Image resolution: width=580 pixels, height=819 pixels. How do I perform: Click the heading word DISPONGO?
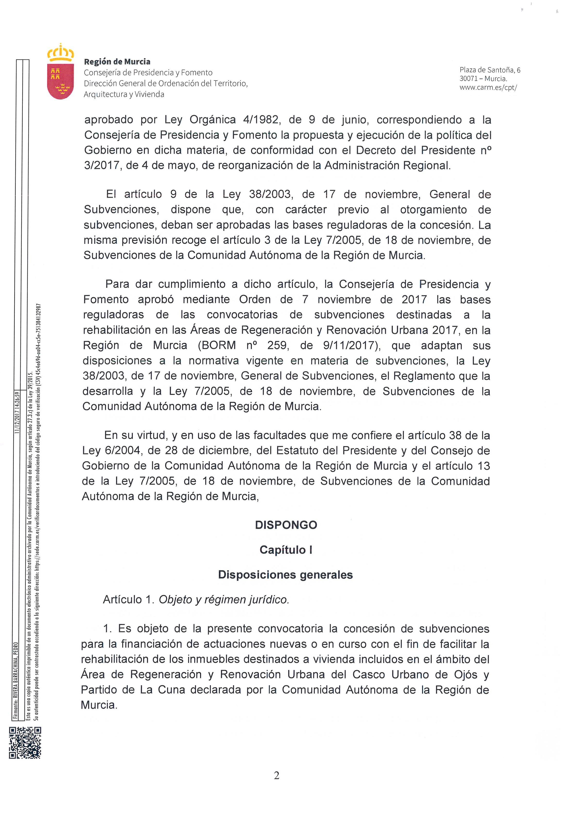[286, 525]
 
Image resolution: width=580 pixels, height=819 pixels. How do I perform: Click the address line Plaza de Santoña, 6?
[490, 70]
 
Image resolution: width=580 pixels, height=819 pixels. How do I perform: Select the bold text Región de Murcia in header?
[117, 61]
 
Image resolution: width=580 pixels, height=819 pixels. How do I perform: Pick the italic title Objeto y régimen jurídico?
[224, 599]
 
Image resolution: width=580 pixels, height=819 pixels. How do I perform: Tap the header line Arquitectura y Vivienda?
[124, 94]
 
